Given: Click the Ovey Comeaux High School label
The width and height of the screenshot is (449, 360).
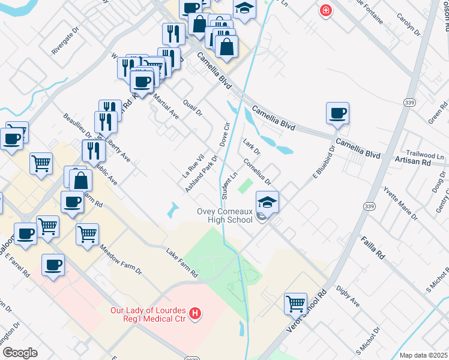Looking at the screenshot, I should pos(225,215).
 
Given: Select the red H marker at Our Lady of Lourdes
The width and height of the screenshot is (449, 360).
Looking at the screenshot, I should pos(194,313).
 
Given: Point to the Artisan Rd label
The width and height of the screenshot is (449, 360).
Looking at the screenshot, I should pos(413,161).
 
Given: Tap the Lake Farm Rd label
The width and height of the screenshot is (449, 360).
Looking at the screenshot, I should pos(182,263).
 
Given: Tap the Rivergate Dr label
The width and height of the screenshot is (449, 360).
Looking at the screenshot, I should pos(65,40).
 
